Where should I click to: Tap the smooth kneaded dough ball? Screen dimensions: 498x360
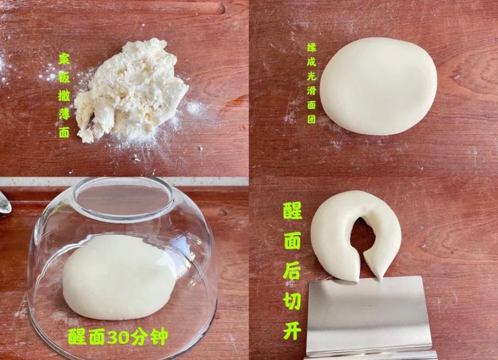click(378, 86)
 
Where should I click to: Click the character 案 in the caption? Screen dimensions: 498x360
click(64, 59)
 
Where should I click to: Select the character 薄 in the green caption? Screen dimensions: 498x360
click(64, 114)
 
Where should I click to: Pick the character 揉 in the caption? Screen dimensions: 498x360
click(312, 48)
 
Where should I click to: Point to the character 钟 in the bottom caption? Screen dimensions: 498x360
click(159, 337)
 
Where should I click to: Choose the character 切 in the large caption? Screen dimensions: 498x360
click(292, 300)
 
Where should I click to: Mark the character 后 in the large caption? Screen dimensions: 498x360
click(292, 270)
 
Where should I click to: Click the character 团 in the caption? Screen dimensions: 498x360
click(312, 119)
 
